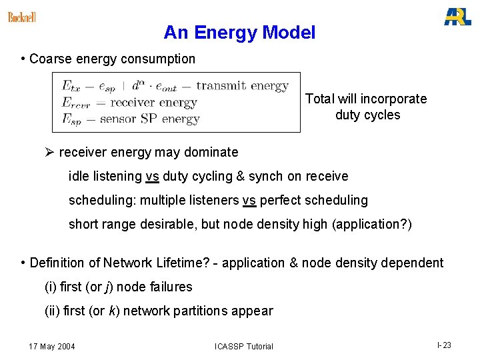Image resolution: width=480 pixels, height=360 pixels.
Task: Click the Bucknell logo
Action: (22, 17)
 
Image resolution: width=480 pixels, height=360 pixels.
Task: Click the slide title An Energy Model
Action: (239, 32)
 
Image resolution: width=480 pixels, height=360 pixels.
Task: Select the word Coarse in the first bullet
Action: (51, 59)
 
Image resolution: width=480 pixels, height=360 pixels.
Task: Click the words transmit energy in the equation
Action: (242, 86)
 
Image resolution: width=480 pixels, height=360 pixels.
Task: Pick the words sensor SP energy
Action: (149, 119)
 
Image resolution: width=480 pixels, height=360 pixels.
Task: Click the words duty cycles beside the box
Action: (367, 115)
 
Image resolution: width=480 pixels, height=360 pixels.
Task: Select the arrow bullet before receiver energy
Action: (49, 152)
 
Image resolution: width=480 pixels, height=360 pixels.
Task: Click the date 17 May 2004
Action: (52, 346)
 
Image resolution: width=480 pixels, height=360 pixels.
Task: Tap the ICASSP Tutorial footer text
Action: (243, 346)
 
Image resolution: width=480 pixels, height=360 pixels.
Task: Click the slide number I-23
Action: (444, 345)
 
